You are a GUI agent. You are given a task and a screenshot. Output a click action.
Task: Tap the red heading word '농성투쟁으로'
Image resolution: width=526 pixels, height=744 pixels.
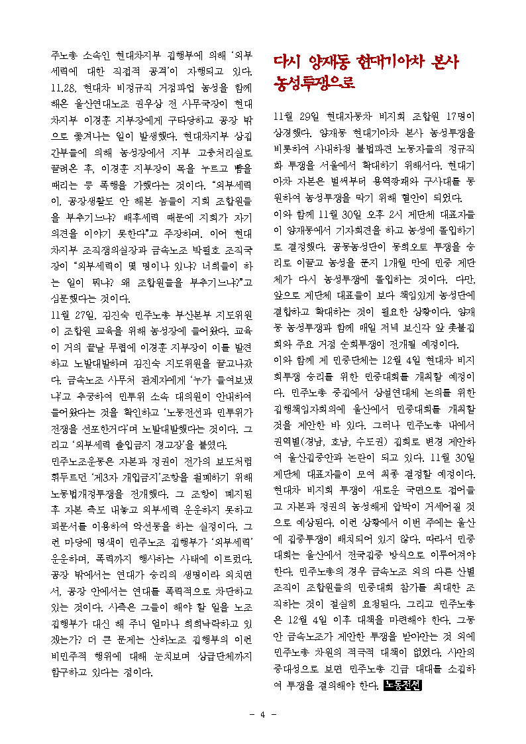pyautogui.click(x=315, y=84)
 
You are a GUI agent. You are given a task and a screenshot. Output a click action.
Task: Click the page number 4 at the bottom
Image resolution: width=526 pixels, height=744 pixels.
pyautogui.click(x=263, y=714)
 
